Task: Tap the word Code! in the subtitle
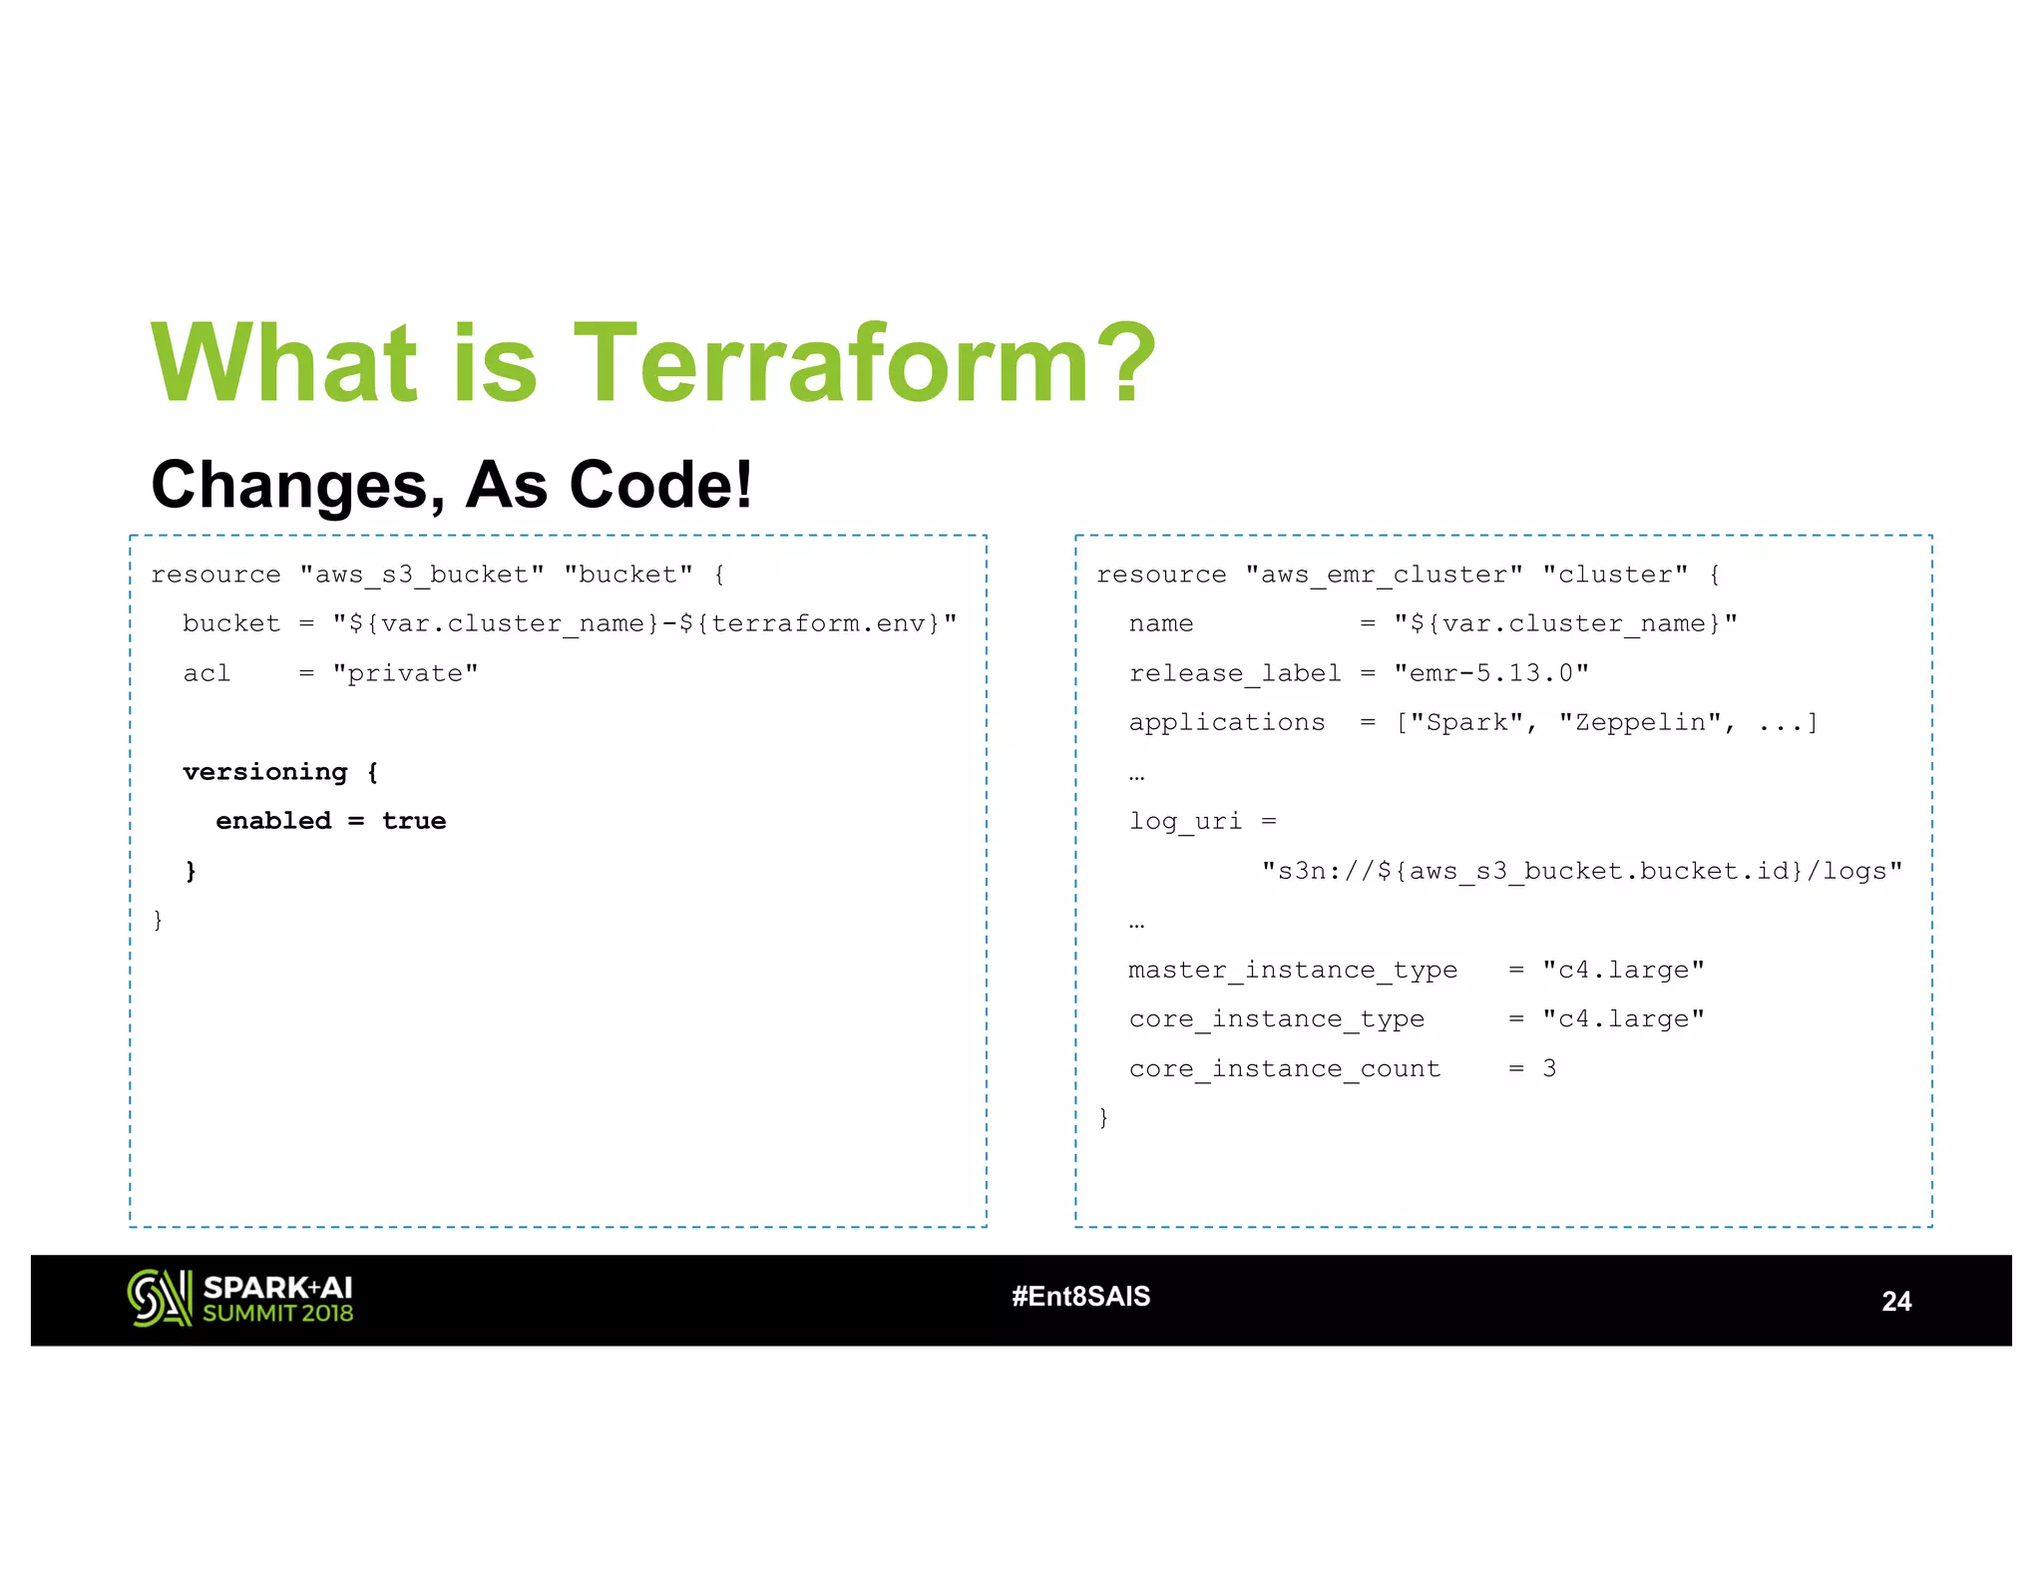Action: pos(659,485)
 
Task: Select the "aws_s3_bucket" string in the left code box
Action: pos(422,575)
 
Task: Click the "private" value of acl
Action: pos(405,673)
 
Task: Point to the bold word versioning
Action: pos(264,772)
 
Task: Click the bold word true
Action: pos(413,821)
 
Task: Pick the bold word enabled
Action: pos(273,821)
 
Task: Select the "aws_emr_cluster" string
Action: pos(1384,575)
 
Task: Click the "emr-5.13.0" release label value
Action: pos(1490,673)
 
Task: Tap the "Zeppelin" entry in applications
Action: pos(1640,722)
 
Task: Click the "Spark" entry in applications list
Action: pos(1465,722)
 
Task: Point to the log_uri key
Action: pos(1185,821)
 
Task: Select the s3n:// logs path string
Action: pos(1581,871)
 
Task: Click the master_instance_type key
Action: pos(1292,970)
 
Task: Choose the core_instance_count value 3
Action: pos(1548,1068)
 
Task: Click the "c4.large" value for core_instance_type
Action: pos(1622,1018)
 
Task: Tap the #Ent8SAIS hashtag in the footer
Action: pos(1080,1296)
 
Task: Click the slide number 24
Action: pos(1895,1301)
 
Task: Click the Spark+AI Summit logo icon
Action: pos(159,1298)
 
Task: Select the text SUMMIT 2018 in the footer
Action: pos(278,1314)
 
